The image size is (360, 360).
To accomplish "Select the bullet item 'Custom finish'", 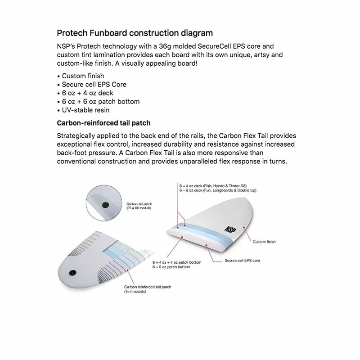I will [x=83, y=76].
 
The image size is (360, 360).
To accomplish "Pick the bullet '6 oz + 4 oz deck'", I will [x=87, y=93].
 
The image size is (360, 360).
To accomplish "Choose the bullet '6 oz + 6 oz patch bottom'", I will [x=100, y=101].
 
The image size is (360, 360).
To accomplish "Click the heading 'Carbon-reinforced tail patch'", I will [x=103, y=123].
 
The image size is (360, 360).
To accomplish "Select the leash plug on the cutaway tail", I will [x=73, y=272].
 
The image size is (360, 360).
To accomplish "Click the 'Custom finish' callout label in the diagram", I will [x=264, y=242].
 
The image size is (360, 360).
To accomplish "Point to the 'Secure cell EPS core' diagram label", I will [x=242, y=261].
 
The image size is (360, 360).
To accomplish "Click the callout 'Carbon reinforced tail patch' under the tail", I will [x=148, y=287].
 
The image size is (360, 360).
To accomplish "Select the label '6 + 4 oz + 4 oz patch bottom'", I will [x=176, y=262].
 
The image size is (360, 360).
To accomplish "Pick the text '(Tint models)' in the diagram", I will [x=135, y=292].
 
